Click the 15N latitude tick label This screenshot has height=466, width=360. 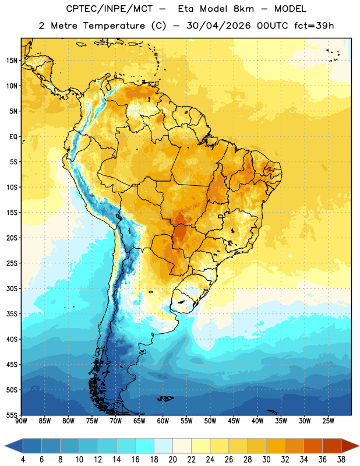(x=12, y=61)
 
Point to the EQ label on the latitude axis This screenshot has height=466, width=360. (x=13, y=137)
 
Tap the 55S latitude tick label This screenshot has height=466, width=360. (x=12, y=415)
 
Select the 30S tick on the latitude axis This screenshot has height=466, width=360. (x=12, y=288)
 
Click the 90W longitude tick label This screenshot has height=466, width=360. (x=22, y=421)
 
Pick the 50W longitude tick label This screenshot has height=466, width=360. (x=210, y=421)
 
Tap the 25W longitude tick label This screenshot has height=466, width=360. (x=328, y=421)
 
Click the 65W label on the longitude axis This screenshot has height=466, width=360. (x=139, y=421)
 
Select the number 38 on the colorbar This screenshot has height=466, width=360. (x=341, y=460)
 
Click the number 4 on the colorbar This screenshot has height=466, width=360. (x=23, y=460)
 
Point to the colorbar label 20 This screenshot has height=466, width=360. (x=172, y=460)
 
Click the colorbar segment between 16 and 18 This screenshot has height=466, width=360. (x=145, y=446)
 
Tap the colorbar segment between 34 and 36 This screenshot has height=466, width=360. (x=313, y=446)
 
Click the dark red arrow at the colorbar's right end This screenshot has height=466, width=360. (x=350, y=446)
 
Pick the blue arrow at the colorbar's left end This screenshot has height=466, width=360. (x=14, y=446)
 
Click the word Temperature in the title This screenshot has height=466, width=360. (x=114, y=26)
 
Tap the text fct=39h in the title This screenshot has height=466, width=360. (x=314, y=26)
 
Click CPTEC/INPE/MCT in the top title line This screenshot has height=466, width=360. (x=110, y=9)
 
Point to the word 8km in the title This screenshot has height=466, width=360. (x=243, y=9)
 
